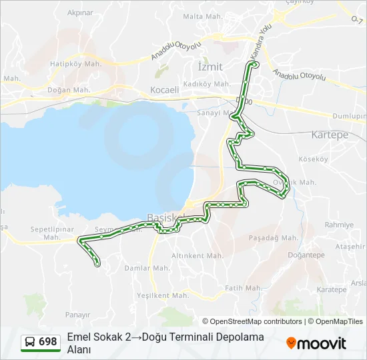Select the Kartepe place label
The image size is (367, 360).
click(330, 135)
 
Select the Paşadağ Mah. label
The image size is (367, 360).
click(273, 237)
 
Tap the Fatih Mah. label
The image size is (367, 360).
click(243, 288)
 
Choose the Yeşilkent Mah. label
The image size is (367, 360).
click(163, 295)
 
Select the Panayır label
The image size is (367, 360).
click(77, 314)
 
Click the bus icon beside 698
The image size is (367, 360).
click(30, 342)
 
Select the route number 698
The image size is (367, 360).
click(48, 342)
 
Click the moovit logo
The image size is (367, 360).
click(316, 343)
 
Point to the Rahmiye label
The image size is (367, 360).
click(338, 225)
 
